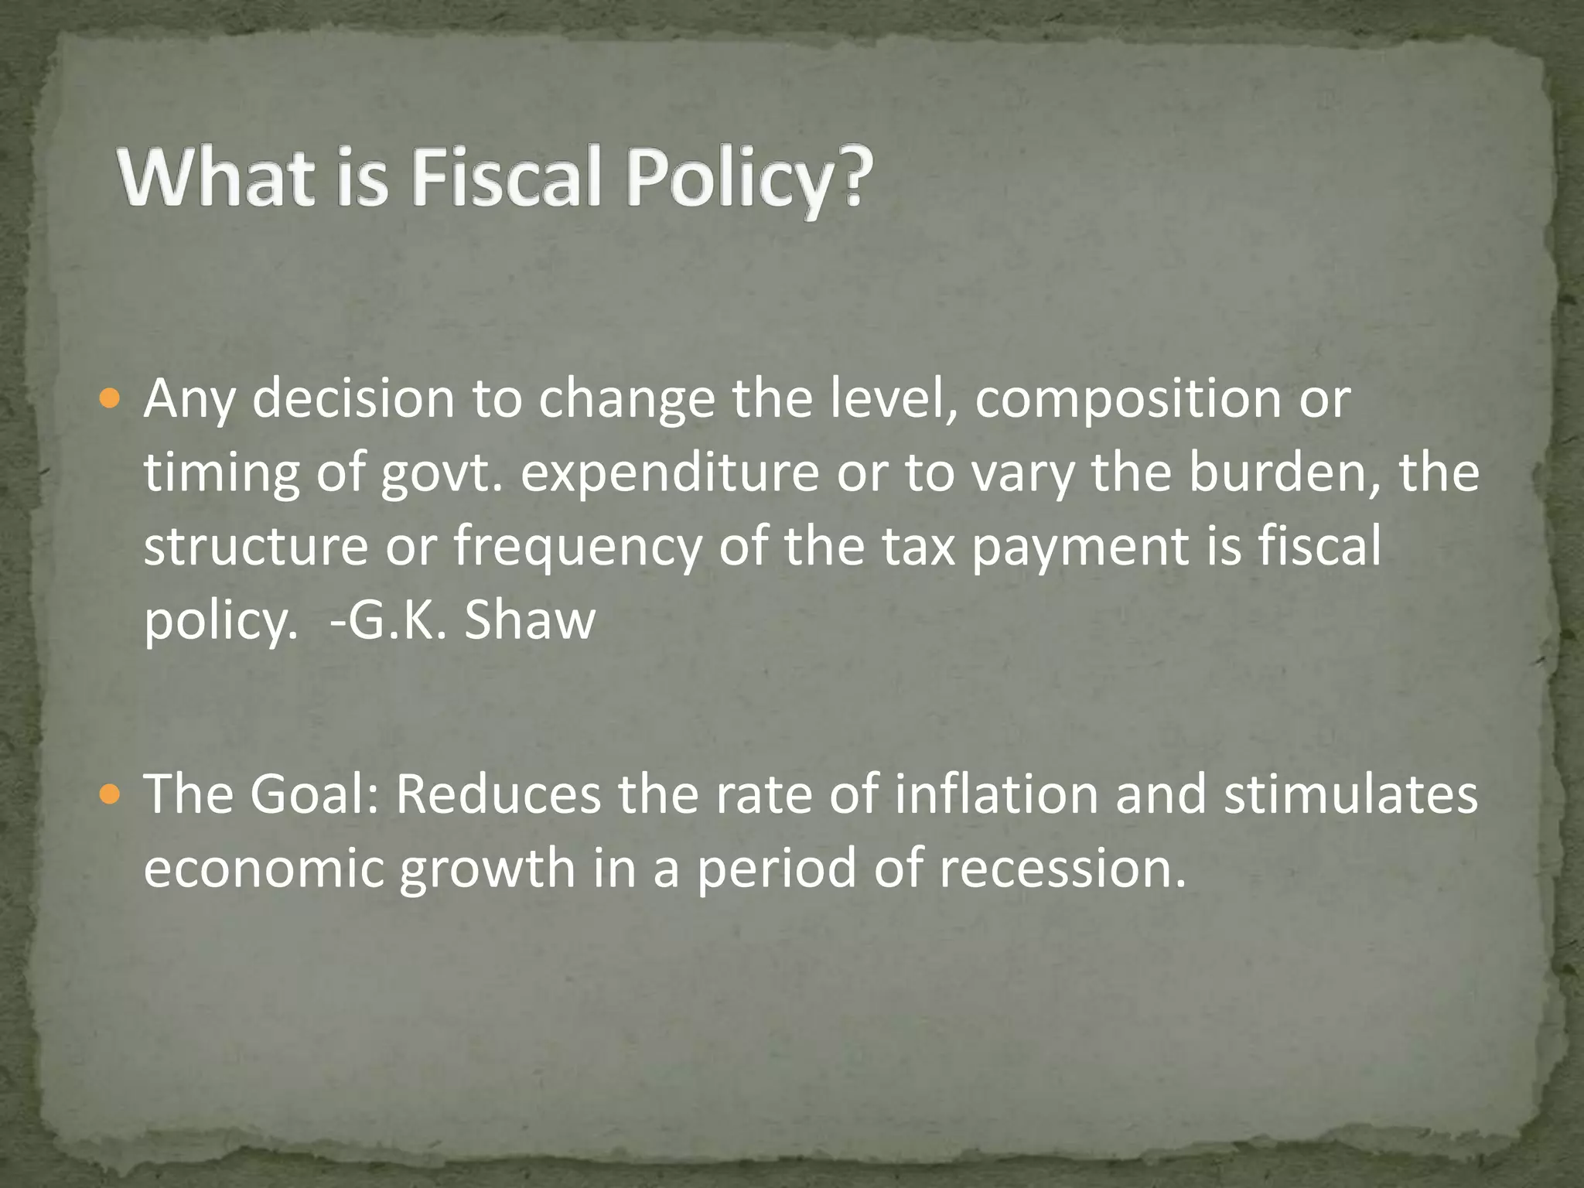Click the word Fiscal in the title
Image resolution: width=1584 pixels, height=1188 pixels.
tap(506, 179)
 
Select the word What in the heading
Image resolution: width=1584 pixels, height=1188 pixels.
tap(216, 179)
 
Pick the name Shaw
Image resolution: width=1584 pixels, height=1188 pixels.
tap(530, 620)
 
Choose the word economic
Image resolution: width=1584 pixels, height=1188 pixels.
tap(263, 869)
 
